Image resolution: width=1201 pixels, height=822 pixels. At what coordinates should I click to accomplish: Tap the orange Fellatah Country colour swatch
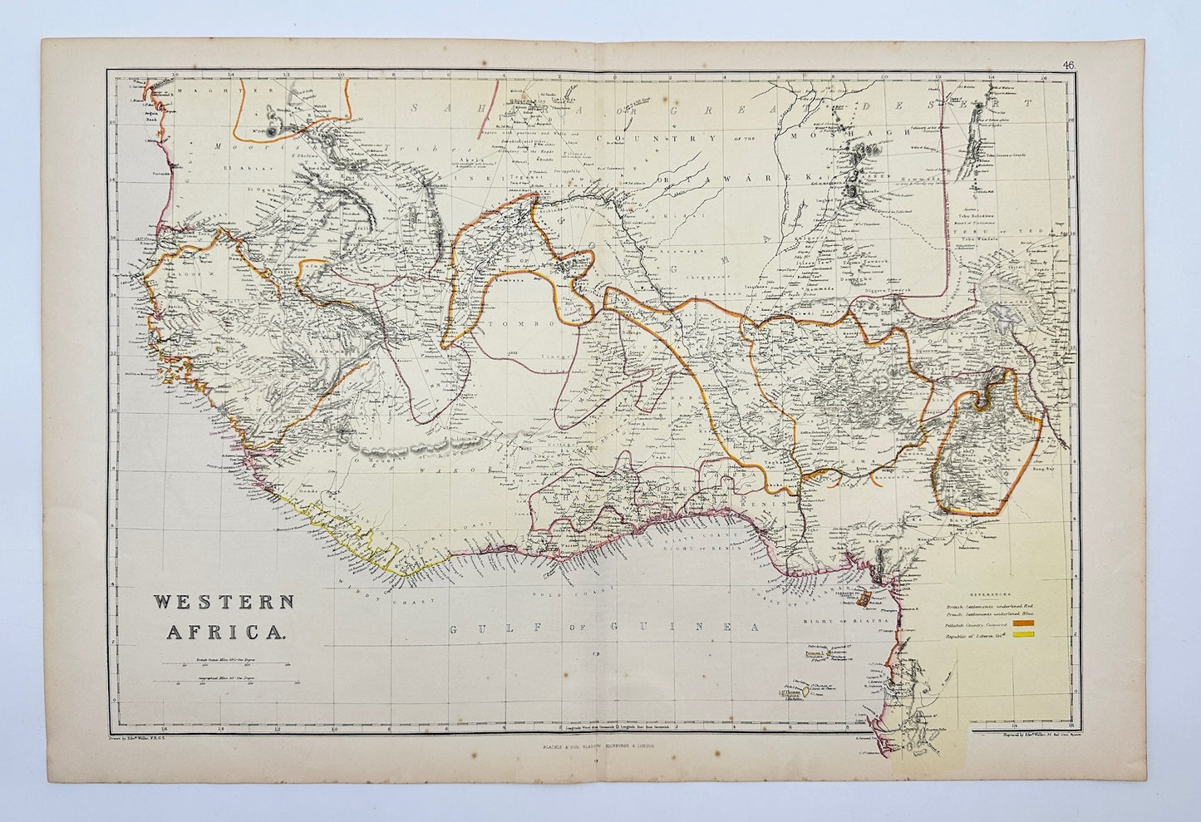click(x=1044, y=623)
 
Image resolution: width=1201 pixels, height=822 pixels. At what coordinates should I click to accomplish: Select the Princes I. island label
click(x=818, y=653)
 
